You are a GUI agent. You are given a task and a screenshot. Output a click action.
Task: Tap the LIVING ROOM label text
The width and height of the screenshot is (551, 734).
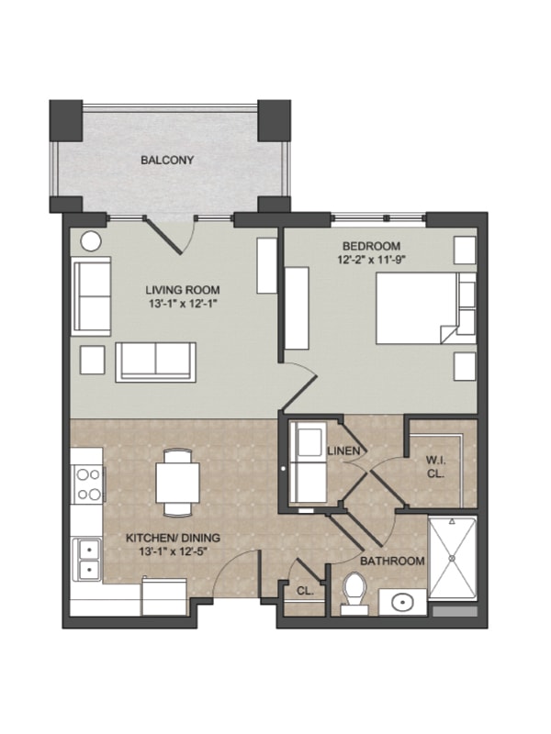[182, 290]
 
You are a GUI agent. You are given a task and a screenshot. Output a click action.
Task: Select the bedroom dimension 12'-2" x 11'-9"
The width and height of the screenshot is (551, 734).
[371, 259]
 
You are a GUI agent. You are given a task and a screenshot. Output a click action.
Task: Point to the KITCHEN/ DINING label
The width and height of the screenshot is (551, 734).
[173, 539]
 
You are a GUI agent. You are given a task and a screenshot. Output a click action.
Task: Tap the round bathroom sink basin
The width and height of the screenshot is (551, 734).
[401, 603]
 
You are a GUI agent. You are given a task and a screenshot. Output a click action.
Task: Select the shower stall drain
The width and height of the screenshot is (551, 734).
[452, 559]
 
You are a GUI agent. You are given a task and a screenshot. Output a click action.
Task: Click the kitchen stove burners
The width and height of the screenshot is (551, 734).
[88, 484]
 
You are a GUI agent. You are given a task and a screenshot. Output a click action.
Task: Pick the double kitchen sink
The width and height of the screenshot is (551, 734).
[87, 559]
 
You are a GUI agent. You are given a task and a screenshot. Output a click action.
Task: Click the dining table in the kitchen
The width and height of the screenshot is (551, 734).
[177, 483]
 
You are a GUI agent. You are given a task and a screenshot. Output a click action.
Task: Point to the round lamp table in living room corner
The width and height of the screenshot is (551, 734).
[90, 241]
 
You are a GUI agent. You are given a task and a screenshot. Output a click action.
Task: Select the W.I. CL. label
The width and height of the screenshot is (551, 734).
[435, 467]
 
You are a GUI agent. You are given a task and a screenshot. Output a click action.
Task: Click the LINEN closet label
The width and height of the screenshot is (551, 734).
[344, 451]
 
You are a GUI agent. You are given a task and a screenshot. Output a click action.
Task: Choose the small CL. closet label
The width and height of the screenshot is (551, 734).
[305, 591]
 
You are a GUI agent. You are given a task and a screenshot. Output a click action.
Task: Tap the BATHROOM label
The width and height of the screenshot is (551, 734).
[392, 561]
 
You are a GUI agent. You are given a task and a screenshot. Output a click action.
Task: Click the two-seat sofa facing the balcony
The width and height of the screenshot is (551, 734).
[155, 361]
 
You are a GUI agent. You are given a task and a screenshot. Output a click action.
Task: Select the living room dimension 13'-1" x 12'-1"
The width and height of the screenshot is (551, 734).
[183, 304]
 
